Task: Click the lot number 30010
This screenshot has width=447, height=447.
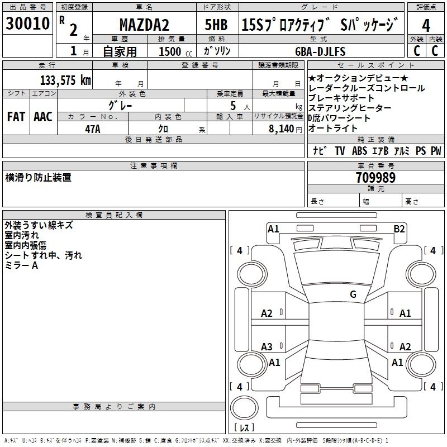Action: point(27,23)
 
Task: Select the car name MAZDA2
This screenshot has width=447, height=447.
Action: point(144,25)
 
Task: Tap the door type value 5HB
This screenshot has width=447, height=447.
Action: point(216,25)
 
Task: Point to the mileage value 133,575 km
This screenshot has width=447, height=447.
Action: point(65,80)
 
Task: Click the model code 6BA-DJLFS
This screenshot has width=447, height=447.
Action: point(320,51)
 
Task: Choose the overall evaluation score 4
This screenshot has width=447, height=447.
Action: point(426,26)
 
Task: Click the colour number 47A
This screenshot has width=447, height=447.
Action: point(93,129)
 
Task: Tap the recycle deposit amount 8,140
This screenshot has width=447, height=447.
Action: point(282,129)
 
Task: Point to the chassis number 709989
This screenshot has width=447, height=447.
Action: point(375,178)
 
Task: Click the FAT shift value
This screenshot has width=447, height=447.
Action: point(16,117)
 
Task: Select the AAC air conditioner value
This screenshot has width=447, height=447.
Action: point(43,117)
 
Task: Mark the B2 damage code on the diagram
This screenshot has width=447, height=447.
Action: point(399,229)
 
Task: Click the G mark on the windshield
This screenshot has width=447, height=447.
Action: point(353,294)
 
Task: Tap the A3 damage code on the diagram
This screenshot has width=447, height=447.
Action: point(267,346)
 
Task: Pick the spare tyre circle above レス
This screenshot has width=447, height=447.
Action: point(244,408)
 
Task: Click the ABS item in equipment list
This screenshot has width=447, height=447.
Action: point(359,151)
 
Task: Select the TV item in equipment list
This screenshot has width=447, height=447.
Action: point(340,151)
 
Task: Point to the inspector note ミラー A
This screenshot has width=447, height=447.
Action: point(21,265)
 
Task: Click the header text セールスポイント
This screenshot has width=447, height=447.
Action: point(375,65)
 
